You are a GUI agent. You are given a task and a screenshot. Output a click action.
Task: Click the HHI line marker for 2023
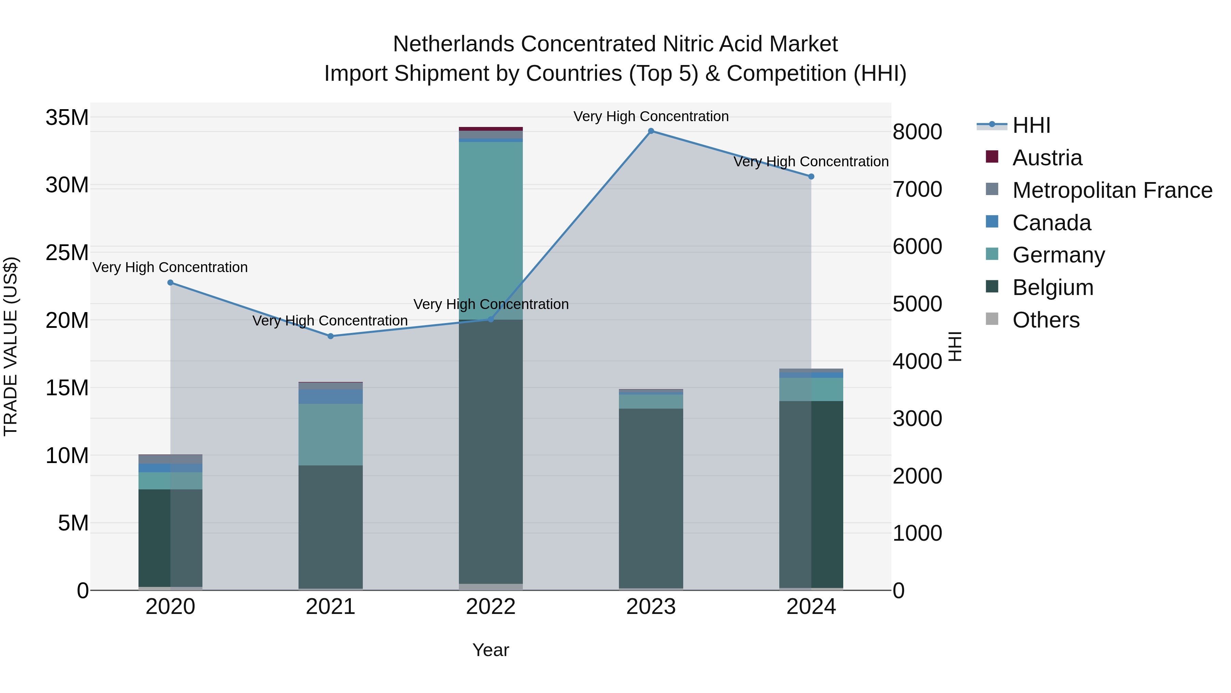click(x=651, y=131)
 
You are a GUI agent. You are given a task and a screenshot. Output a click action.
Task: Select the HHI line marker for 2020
click(x=171, y=283)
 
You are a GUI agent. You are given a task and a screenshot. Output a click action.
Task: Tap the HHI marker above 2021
click(x=331, y=336)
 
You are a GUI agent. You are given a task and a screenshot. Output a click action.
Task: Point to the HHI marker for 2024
click(x=811, y=177)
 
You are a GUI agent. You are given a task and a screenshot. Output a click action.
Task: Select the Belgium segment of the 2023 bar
click(x=651, y=497)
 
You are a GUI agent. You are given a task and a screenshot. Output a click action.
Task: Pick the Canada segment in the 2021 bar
click(x=331, y=397)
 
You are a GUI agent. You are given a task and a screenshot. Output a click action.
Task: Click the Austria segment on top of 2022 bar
click(x=491, y=129)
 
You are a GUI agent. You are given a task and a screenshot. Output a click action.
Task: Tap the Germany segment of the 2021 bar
click(x=331, y=434)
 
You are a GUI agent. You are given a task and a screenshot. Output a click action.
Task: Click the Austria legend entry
click(x=1047, y=158)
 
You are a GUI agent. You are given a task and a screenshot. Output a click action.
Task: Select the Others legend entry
click(x=1046, y=320)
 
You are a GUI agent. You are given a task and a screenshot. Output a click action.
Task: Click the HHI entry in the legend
click(x=1031, y=125)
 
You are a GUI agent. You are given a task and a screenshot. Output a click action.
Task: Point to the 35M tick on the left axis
click(x=67, y=118)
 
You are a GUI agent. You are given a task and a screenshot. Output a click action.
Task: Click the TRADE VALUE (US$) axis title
click(x=11, y=346)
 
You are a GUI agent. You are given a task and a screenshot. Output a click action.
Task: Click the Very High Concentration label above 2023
click(x=651, y=116)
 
